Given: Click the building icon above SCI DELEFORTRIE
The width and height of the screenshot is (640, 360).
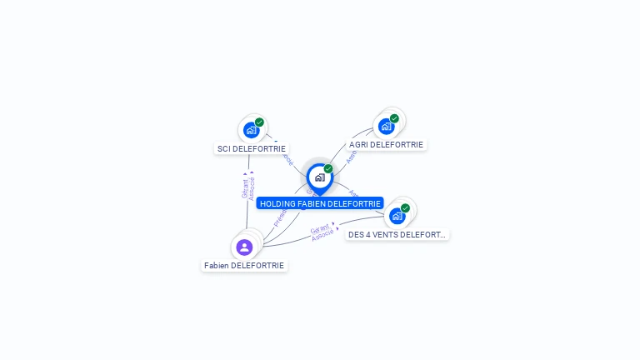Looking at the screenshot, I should coord(250,130).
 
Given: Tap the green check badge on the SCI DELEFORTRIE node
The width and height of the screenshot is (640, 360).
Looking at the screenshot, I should coord(259,122).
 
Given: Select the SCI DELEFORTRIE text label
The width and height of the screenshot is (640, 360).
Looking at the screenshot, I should coord(252,149).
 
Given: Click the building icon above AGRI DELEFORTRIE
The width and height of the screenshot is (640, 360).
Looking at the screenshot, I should coord(385,127).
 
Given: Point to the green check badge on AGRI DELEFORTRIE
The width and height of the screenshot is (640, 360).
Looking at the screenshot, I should coord(394,118).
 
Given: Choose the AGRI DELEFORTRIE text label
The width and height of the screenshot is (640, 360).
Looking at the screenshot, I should coord(386,145).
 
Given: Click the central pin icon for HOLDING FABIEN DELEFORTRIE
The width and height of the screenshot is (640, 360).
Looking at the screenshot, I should coord(319,177).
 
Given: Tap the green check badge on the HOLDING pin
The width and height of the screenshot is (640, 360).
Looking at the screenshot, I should coord(328,169).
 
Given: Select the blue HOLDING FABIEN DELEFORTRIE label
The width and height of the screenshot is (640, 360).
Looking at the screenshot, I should coord(320,203).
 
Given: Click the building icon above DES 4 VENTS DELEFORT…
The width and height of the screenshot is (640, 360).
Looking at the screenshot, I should coord(397,216).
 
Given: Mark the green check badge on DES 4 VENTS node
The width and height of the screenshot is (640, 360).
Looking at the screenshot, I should coord(405,207).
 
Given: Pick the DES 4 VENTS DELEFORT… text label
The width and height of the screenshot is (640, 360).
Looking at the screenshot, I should coord(397,235).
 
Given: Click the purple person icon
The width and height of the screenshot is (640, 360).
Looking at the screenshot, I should coord(244,247).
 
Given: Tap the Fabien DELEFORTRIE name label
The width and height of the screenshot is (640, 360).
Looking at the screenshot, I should coord(244,266).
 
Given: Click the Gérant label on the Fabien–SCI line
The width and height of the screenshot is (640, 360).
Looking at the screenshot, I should coord(245,188).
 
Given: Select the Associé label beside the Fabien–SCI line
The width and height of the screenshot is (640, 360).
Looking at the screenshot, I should coord(252,188).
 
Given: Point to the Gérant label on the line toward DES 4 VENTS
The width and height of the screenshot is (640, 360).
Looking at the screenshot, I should coord(320,229).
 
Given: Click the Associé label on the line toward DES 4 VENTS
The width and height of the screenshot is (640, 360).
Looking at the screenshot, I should coord(322,236).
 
